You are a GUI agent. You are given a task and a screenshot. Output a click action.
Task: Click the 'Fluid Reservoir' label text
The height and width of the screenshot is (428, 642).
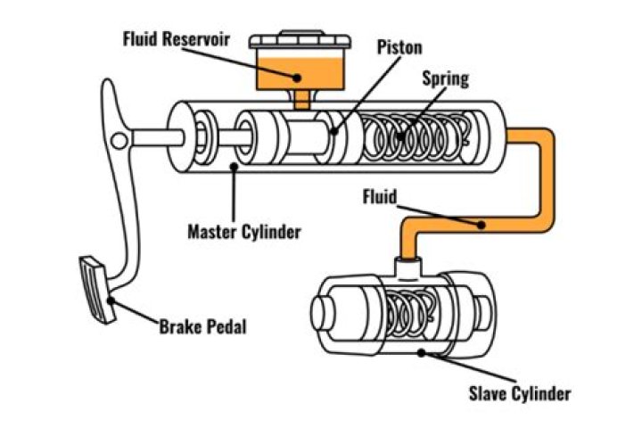pyautogui.click(x=177, y=38)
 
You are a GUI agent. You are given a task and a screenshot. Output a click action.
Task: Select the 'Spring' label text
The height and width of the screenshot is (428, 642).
pyautogui.click(x=444, y=78)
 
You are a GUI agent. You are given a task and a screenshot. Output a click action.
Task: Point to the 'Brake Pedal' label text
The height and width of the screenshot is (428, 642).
pyautogui.click(x=202, y=325)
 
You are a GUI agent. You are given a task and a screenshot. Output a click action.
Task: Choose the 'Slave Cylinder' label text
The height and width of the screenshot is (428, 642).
pyautogui.click(x=518, y=392)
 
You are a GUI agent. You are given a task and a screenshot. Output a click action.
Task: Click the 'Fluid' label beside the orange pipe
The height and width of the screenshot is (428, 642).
pyautogui.click(x=381, y=192)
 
